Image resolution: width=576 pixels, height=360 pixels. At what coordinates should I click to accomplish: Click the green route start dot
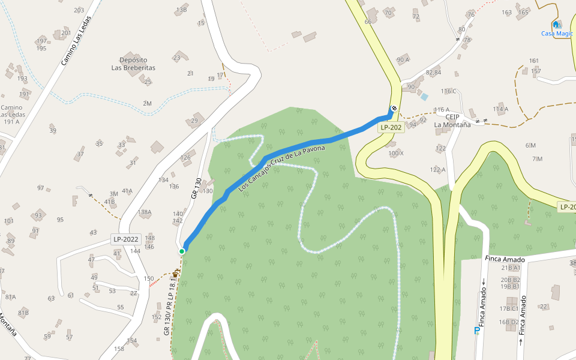click(x=182, y=251)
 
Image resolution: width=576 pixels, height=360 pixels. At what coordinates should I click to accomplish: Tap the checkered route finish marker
click(x=394, y=108)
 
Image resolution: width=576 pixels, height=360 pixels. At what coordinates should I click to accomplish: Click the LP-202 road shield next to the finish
click(x=391, y=128)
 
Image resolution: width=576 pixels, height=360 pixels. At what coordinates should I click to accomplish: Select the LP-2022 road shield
click(x=126, y=239)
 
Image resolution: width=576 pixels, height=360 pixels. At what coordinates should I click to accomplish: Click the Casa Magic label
click(x=557, y=34)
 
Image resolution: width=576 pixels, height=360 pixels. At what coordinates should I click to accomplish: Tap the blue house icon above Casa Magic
click(x=556, y=25)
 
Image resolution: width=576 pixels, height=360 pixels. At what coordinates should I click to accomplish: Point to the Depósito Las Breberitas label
click(x=133, y=64)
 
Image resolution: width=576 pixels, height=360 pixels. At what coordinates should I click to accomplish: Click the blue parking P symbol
click(x=477, y=331)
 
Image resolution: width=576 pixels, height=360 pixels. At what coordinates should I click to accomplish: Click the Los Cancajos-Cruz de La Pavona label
click(x=281, y=168)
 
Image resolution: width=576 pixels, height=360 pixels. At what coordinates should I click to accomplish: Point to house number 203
click(x=79, y=10)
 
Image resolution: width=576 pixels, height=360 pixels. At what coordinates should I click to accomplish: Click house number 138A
click(x=145, y=212)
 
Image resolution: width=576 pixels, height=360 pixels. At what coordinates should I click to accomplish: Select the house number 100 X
click(x=396, y=154)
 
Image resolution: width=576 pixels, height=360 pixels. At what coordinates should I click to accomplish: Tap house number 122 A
click(x=437, y=170)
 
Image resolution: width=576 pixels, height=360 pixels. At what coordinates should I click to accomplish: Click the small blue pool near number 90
click(x=424, y=97)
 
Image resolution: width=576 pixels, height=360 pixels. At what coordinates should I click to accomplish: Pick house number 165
click(x=523, y=12)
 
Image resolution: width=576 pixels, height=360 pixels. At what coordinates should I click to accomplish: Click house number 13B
click(x=181, y=10)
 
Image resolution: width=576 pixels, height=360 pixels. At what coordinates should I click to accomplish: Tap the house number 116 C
click(x=448, y=91)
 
